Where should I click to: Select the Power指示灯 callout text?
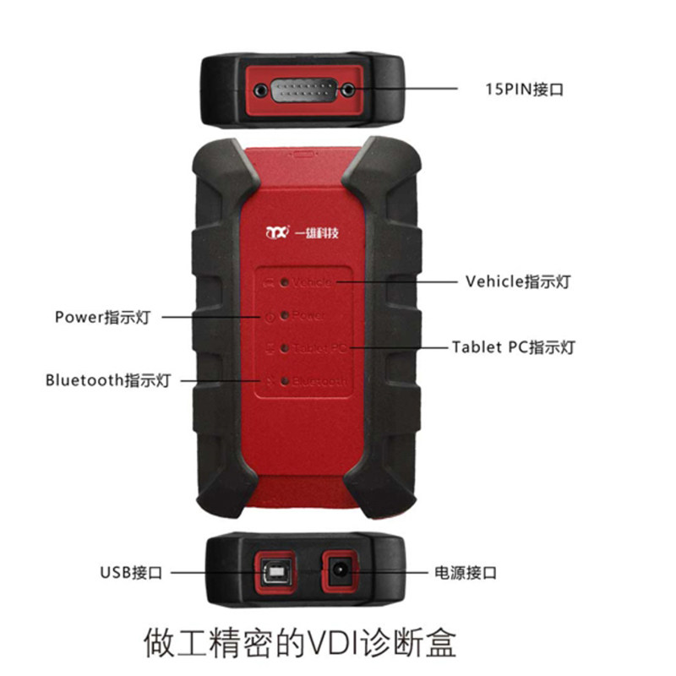[x=102, y=318]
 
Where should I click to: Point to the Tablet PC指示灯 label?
[x=513, y=347]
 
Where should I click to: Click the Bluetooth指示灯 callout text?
[x=108, y=380]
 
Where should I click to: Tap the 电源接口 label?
[x=464, y=573]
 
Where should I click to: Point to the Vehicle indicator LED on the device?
[x=285, y=282]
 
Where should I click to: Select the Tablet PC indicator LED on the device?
[x=285, y=347]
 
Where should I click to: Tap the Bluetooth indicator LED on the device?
[x=285, y=381]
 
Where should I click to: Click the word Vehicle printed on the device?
[x=313, y=282]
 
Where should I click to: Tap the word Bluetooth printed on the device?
[x=319, y=382]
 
